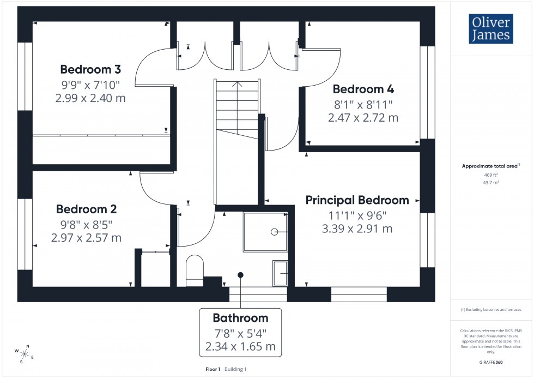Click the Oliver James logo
coord(490,29)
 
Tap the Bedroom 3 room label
coord(90,70)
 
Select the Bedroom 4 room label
coord(363,89)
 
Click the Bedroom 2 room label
coord(87,209)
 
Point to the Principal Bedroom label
coord(357,200)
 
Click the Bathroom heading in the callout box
coord(240,318)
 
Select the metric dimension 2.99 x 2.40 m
coord(90,98)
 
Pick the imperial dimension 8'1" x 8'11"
coord(363,104)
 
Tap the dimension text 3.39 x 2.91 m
coord(357,229)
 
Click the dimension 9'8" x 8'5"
coord(87,224)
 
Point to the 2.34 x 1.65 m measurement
coord(240,346)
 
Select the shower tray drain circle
coord(274,232)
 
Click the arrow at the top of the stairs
coord(236,85)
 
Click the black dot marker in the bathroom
coord(240,275)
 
